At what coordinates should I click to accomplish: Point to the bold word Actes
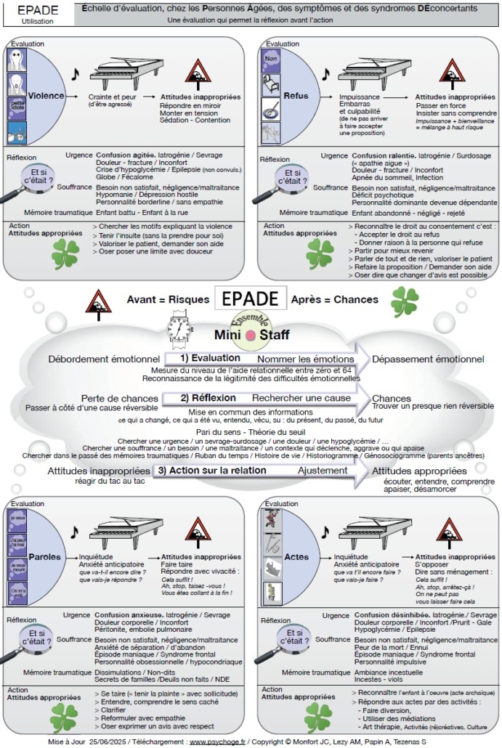[296, 558]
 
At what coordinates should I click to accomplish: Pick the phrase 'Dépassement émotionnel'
[428, 359]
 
